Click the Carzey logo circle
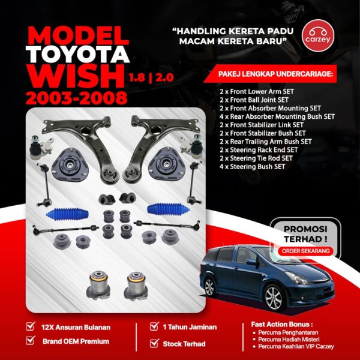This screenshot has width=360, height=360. point(318,35)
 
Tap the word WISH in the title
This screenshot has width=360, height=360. point(76,76)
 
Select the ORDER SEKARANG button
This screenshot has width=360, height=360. point(305,251)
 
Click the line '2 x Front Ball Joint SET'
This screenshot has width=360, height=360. point(254,100)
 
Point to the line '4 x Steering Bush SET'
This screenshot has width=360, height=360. point(253,166)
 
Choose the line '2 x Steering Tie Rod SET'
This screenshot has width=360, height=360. point(256,158)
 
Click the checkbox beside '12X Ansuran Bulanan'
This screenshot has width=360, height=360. point(31,326)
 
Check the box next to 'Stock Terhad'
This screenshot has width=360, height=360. point(154,343)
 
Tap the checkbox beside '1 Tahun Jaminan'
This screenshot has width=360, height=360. point(154,326)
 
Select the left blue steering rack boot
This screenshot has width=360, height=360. point(67,214)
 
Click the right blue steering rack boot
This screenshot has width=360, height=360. point(168,209)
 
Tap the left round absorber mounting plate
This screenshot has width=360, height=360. point(70,165)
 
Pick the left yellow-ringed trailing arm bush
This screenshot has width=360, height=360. point(98,284)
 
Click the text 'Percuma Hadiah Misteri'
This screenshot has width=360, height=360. point(289,340)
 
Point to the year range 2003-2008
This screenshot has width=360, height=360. point(77,98)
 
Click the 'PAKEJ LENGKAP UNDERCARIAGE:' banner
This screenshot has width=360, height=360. point(270,74)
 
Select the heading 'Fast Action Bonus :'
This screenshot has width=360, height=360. point(282,325)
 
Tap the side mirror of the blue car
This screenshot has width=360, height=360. point(251,262)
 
